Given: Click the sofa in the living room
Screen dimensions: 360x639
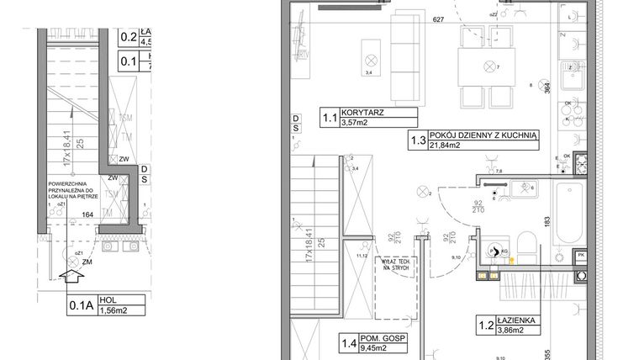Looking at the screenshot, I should pyautogui.click(x=407, y=54).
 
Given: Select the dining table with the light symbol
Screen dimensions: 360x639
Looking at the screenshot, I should pyautogui.click(x=486, y=66).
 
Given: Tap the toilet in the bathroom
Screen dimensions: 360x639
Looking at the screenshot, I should pyautogui.click(x=525, y=249).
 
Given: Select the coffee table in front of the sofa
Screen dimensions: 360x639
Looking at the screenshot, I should pyautogui.click(x=369, y=58).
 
